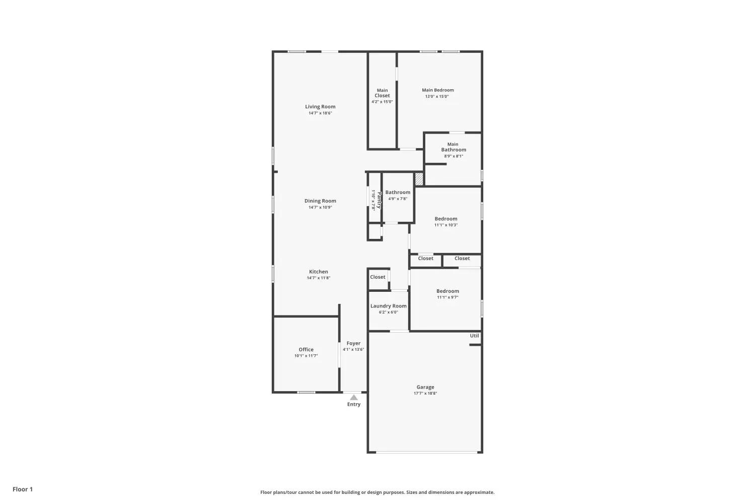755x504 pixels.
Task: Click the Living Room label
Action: pos(320,107)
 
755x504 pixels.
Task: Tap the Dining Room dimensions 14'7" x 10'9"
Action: pos(320,207)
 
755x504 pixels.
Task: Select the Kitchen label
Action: pos(319,272)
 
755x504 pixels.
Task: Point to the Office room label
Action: pos(306,349)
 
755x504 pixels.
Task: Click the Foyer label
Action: pos(353,343)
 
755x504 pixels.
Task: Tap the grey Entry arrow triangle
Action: pos(353,397)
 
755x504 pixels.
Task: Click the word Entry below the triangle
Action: pos(354,404)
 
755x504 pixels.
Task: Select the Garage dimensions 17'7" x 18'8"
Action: pos(425,393)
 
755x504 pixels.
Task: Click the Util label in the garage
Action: pos(474,336)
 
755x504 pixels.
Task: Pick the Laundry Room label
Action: pos(388,306)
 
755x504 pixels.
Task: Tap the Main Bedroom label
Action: pos(438,90)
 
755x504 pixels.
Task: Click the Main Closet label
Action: pos(382,93)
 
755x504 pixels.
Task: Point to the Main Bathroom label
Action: pos(454,147)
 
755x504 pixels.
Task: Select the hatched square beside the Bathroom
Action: pos(419,179)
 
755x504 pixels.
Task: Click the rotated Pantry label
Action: pos(379,200)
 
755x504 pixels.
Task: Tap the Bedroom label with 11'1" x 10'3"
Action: pos(446,219)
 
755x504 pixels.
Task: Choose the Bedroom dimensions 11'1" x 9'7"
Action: pos(447,297)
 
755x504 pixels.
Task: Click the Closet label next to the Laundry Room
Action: pos(377,277)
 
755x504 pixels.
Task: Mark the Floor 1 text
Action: pos(23,489)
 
